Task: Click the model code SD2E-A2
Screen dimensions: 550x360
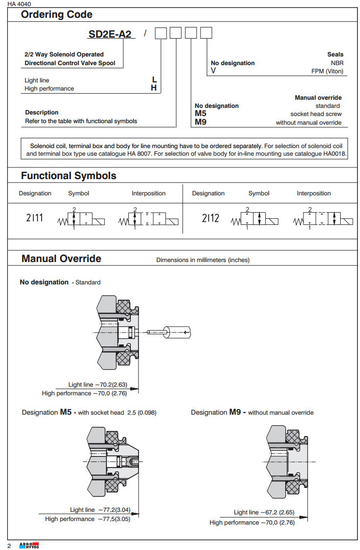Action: tap(110, 34)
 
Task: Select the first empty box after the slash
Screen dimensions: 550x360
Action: tap(161, 34)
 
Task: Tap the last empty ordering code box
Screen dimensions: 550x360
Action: tap(206, 34)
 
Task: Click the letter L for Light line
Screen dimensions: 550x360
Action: tap(154, 80)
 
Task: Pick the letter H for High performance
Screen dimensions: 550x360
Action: tap(154, 88)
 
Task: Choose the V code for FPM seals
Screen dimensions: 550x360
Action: tap(213, 71)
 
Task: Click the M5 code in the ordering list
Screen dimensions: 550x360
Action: tap(200, 114)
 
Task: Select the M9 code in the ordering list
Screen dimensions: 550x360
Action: tap(200, 122)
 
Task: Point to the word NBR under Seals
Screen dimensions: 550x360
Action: tap(337, 63)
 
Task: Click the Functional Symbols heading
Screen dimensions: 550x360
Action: tap(68, 176)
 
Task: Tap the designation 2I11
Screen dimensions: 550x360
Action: tap(35, 218)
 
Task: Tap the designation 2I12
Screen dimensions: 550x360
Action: tap(210, 218)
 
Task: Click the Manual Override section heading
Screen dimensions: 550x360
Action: tap(61, 258)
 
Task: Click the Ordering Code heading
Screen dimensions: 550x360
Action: tap(57, 15)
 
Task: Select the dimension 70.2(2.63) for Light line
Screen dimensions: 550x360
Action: tap(114, 385)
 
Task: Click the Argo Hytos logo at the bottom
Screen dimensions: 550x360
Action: tap(29, 545)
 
